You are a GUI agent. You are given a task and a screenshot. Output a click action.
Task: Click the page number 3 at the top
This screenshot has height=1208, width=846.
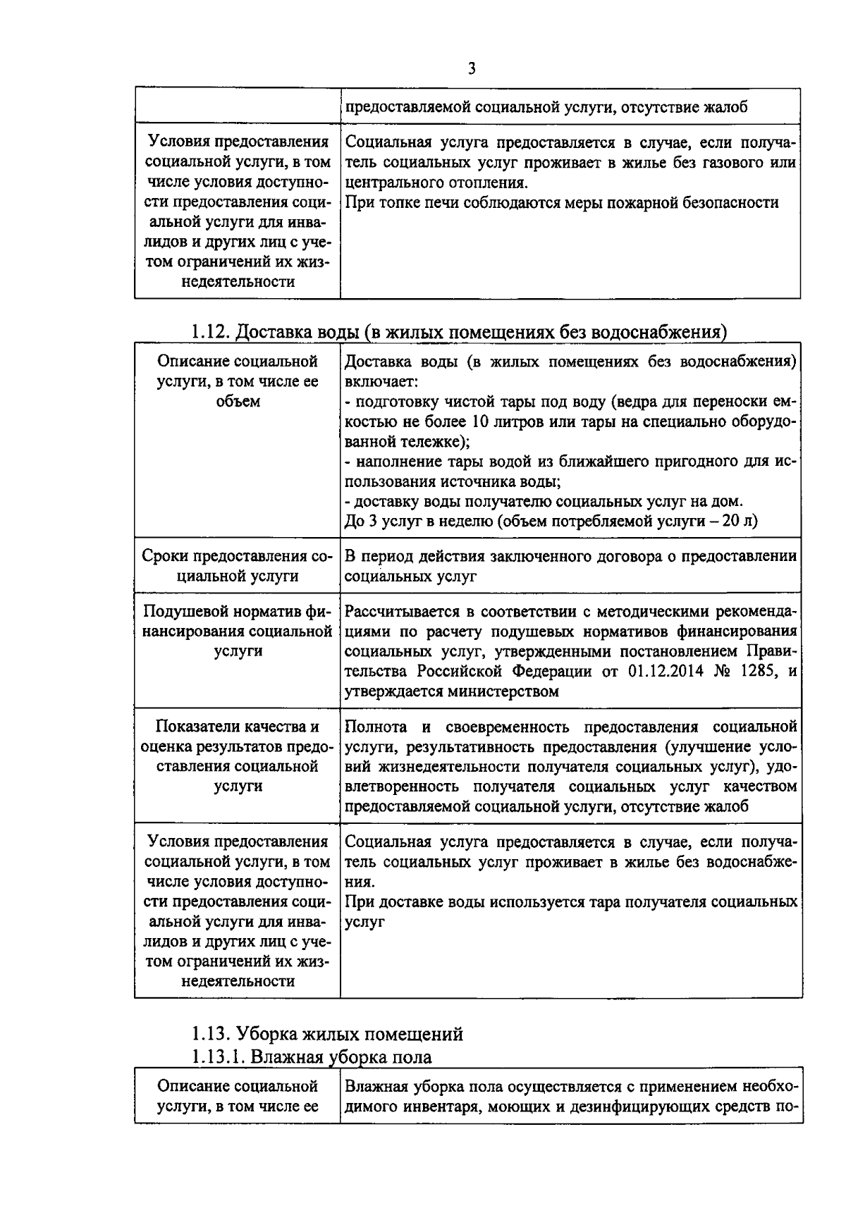pyautogui.click(x=471, y=68)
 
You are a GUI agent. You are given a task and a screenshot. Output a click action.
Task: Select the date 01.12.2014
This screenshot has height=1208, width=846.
pyautogui.click(x=665, y=671)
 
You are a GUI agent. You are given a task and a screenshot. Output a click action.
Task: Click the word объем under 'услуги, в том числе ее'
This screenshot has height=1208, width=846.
pyautogui.click(x=238, y=401)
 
